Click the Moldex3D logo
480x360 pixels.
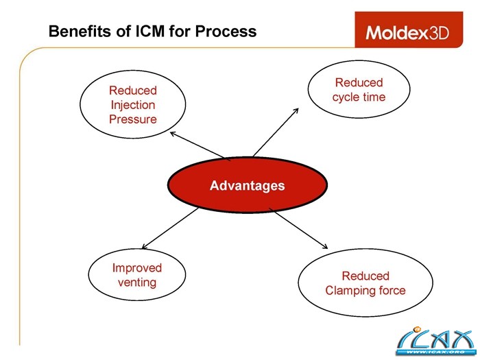[407, 32]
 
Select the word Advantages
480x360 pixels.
[247, 186]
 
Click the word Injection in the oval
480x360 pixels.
[132, 105]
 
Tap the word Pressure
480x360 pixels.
[132, 119]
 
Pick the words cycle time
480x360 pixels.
[359, 97]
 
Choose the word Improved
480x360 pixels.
[137, 268]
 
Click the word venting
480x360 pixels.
[137, 283]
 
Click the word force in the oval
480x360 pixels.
[391, 290]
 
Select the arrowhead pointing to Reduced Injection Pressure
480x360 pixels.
[173, 134]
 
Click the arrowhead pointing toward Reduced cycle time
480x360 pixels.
[296, 110]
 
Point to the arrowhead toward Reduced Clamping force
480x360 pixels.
[325, 247]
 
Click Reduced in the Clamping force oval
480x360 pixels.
[365, 276]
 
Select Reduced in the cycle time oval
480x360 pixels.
[359, 82]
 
